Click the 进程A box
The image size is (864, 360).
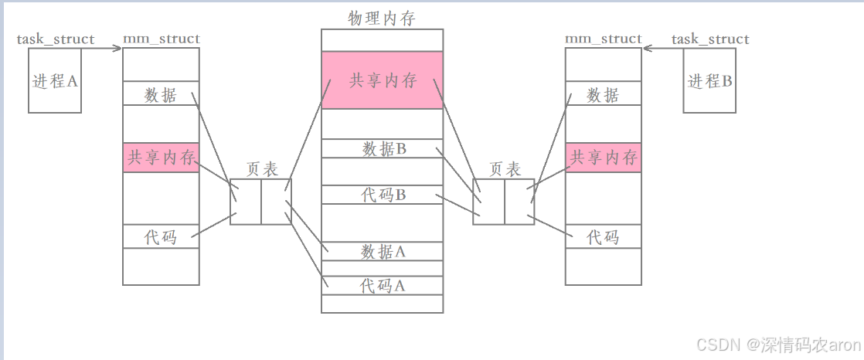tap(55, 80)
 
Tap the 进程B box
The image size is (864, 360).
tap(709, 80)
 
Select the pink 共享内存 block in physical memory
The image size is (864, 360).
tap(383, 80)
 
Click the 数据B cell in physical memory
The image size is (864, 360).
tap(383, 149)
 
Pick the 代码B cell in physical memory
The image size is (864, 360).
tap(383, 195)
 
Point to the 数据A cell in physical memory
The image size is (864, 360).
tap(383, 251)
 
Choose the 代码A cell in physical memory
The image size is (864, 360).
tap(383, 286)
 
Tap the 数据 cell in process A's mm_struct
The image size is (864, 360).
tap(161, 95)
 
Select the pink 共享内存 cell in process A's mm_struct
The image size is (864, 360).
tap(161, 158)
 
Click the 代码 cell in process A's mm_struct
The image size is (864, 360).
tap(161, 236)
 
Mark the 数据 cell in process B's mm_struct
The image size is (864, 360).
tap(603, 95)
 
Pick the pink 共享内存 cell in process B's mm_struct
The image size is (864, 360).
tap(603, 158)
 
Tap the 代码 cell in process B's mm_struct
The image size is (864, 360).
tap(603, 236)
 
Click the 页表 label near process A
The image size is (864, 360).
tap(262, 169)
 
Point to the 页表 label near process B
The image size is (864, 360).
tap(505, 169)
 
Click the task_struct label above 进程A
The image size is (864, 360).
tap(56, 39)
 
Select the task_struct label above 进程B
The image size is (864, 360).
tap(710, 39)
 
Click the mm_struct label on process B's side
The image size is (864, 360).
tap(604, 39)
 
